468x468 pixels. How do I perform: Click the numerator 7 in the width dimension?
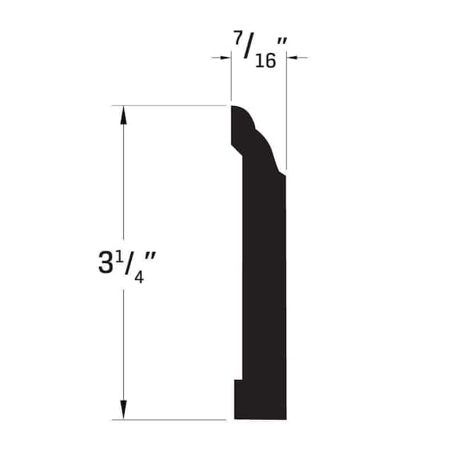[x=238, y=37]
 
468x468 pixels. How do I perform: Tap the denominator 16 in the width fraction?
[x=265, y=61]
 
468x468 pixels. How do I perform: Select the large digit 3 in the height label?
[x=105, y=262]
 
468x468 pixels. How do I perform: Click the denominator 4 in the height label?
[x=139, y=277]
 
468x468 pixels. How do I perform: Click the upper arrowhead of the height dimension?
[x=123, y=115]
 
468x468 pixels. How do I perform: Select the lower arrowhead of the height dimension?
[x=123, y=409]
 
